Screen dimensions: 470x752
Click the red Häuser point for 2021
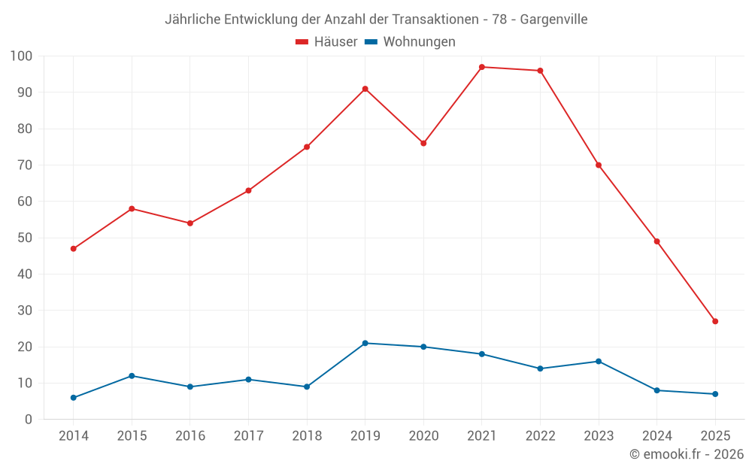[x=482, y=67]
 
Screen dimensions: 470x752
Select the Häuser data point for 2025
[x=715, y=321]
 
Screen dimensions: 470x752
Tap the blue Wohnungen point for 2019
[x=365, y=343]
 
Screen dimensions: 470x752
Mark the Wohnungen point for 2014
[x=74, y=398]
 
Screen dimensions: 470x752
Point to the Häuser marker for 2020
[x=423, y=143]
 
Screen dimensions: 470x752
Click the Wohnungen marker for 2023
[x=599, y=361]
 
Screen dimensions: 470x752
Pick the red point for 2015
[x=132, y=208]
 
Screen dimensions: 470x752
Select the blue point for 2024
[x=656, y=390]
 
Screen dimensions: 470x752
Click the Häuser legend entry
[x=326, y=42]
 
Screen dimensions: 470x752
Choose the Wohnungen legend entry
[x=410, y=42]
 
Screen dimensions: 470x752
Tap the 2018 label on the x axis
[x=307, y=436]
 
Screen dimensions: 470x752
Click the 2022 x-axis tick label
[x=540, y=436]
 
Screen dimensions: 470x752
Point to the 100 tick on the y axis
[x=21, y=56]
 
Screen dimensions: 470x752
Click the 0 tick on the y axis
[x=29, y=420]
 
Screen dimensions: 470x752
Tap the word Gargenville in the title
[x=553, y=20]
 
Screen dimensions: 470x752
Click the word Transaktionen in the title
[x=435, y=20]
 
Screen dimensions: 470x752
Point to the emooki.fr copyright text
[x=687, y=454]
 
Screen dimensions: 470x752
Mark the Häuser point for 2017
[x=248, y=190]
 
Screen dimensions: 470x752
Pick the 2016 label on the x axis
[x=190, y=436]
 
